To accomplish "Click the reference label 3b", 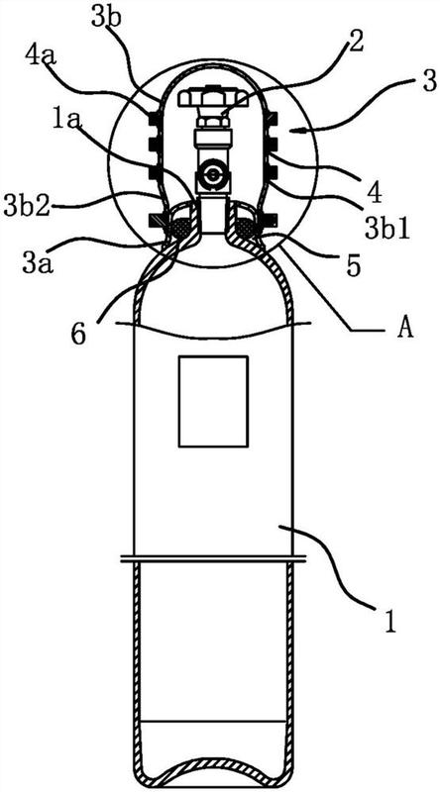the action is pyautogui.click(x=106, y=19).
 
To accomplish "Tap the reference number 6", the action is pyautogui.click(x=78, y=335).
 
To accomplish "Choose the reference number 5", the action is pyautogui.click(x=353, y=265).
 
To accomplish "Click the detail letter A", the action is pyautogui.click(x=405, y=329).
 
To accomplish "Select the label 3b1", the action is pyautogui.click(x=387, y=228).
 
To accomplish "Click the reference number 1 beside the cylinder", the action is pyautogui.click(x=387, y=623).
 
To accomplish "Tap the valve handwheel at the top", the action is pyautogui.click(x=212, y=97).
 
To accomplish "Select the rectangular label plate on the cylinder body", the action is pyautogui.click(x=213, y=401).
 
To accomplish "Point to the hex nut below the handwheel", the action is pyautogui.click(x=212, y=121).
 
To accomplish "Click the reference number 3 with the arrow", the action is pyautogui.click(x=429, y=82).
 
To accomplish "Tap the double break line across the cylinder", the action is pyautogui.click(x=213, y=558).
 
